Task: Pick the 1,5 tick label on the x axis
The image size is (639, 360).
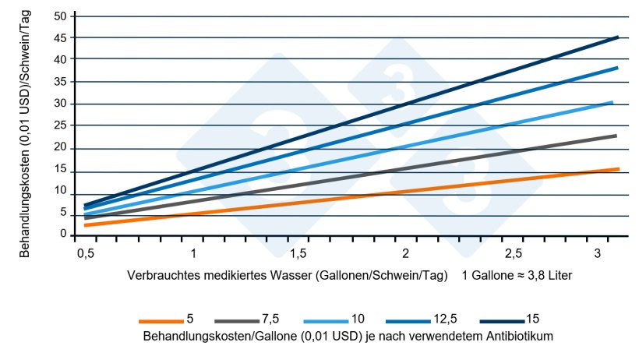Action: click(298, 254)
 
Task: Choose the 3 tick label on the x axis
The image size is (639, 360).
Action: click(596, 254)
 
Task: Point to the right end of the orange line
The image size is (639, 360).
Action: click(618, 169)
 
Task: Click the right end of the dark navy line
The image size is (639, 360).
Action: click(617, 37)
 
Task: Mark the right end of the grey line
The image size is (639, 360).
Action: click(616, 136)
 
